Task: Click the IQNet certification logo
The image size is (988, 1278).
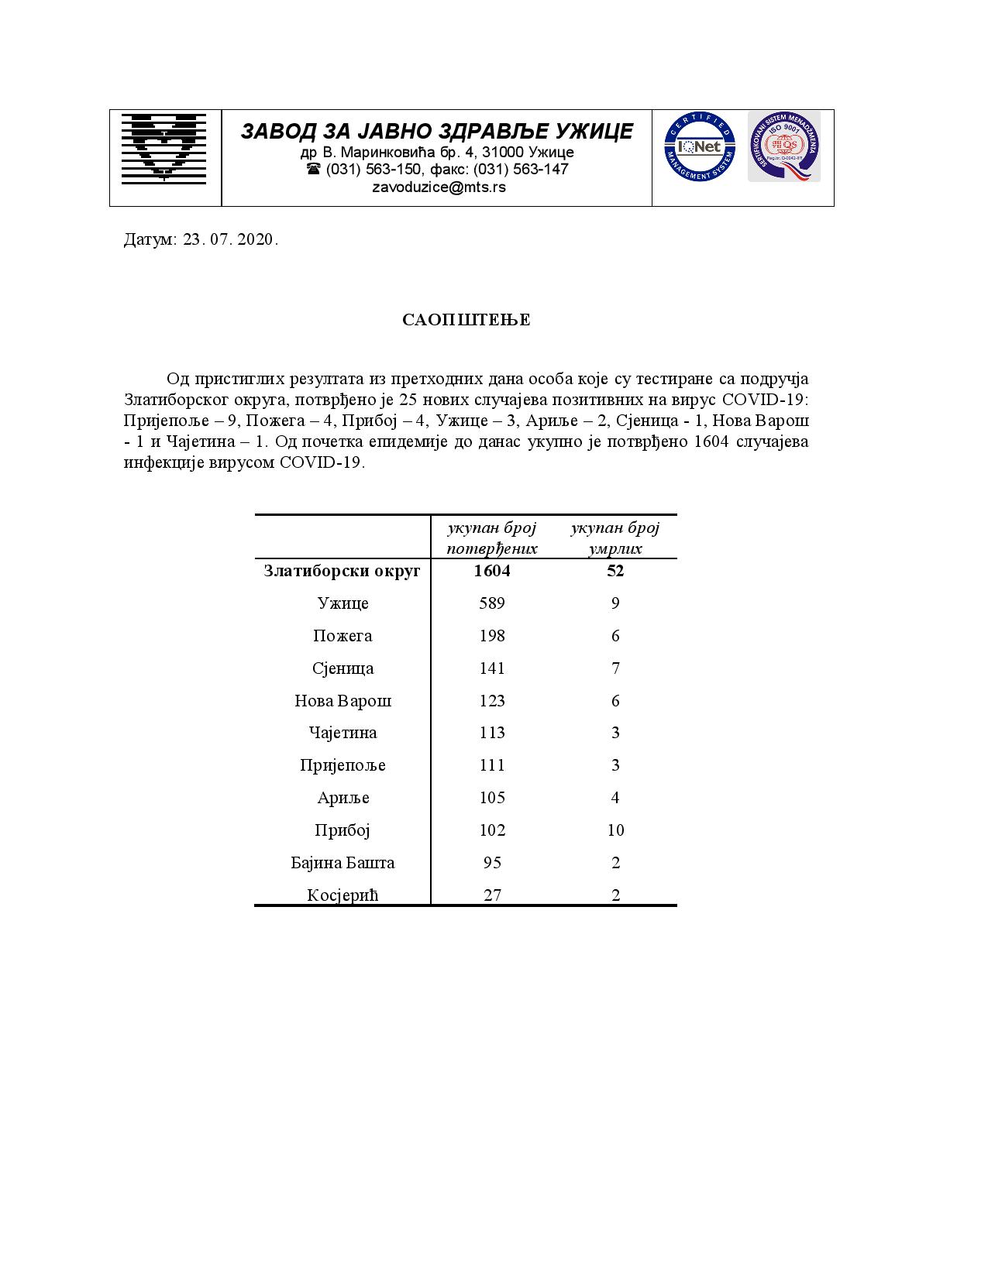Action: click(699, 147)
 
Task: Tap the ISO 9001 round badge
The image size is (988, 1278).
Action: click(783, 146)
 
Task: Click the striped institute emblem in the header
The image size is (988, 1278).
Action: click(164, 148)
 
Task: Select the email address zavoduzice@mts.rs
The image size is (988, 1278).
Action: click(439, 187)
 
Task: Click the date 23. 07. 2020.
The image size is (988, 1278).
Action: click(230, 239)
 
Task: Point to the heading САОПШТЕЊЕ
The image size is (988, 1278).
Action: click(466, 320)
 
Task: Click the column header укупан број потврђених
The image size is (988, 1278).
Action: click(492, 538)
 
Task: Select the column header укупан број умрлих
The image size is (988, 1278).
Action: click(615, 538)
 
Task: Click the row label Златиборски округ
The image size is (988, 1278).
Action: click(342, 571)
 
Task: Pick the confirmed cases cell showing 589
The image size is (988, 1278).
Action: click(492, 603)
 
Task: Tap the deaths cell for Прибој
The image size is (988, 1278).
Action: click(615, 830)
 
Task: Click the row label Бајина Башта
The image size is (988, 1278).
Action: click(343, 863)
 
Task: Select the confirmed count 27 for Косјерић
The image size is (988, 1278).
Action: click(492, 895)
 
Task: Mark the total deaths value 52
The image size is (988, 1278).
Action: click(615, 571)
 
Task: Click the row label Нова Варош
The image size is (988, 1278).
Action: click(343, 701)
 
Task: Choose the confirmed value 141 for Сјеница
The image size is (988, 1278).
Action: click(492, 668)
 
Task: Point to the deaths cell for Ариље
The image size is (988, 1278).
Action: click(615, 798)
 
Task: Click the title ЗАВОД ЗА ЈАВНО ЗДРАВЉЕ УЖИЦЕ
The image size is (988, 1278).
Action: click(437, 131)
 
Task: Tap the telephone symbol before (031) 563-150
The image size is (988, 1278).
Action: click(313, 169)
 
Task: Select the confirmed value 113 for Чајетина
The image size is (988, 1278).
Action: click(492, 733)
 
